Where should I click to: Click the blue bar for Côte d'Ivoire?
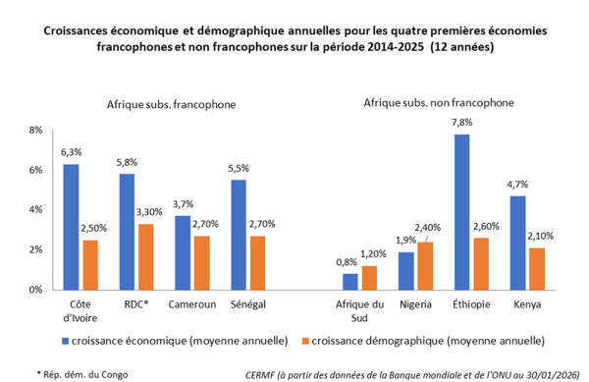(x=71, y=227)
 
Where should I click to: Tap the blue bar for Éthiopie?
(x=461, y=212)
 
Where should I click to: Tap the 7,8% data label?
(x=461, y=123)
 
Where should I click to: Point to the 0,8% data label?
(x=347, y=262)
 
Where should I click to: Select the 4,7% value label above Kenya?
(x=517, y=185)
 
